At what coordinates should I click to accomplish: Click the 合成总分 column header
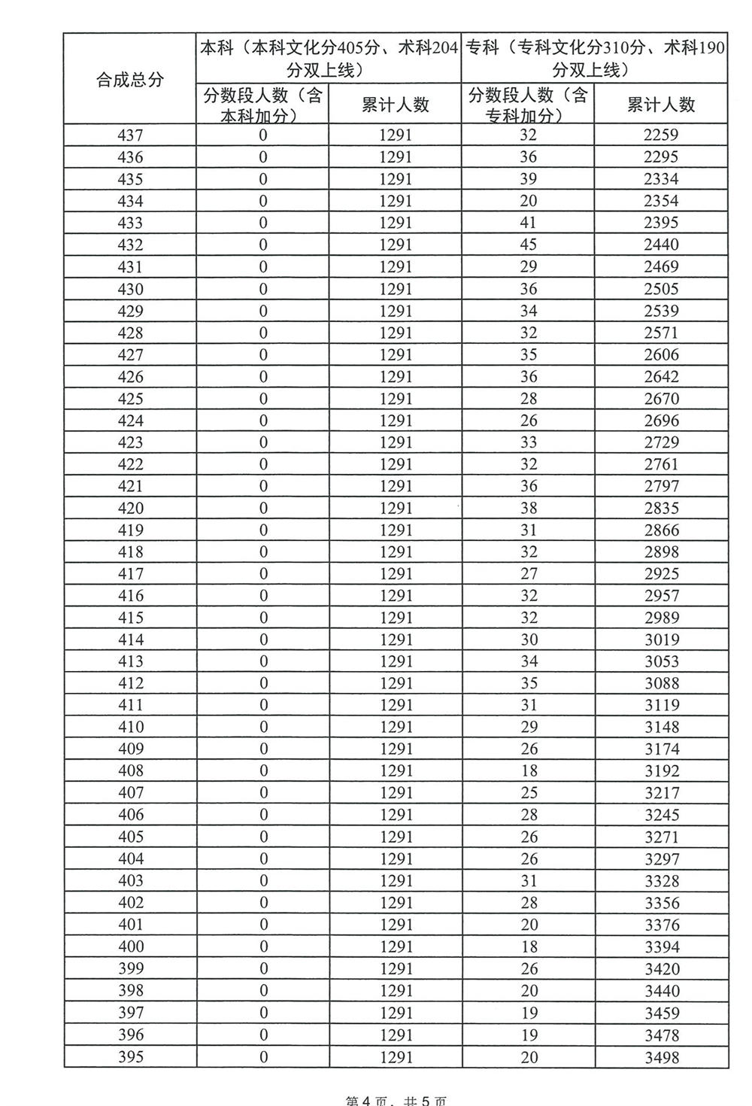click(x=130, y=79)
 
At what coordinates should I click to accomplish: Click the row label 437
click(x=130, y=135)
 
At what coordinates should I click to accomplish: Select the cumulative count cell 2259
click(x=661, y=135)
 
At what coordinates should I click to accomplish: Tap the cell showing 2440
click(x=661, y=245)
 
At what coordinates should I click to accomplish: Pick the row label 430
click(x=130, y=289)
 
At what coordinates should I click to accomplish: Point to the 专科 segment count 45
click(x=529, y=245)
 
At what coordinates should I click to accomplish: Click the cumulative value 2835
click(x=661, y=508)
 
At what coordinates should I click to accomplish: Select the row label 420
click(x=130, y=508)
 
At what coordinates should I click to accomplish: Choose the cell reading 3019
click(x=661, y=640)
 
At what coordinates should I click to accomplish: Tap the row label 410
click(x=130, y=727)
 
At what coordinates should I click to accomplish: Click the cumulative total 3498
click(x=661, y=1057)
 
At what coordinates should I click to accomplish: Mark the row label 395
click(x=130, y=1057)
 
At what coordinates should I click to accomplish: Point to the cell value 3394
click(x=661, y=946)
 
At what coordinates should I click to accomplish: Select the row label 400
click(x=130, y=946)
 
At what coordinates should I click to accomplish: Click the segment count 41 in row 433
click(x=529, y=223)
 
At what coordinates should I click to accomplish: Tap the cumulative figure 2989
click(x=661, y=618)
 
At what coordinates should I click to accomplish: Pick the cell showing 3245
click(x=661, y=815)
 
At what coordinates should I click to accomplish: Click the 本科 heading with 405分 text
click(x=329, y=59)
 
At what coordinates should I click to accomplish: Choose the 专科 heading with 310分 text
click(x=594, y=59)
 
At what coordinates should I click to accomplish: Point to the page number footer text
click(x=396, y=1100)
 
